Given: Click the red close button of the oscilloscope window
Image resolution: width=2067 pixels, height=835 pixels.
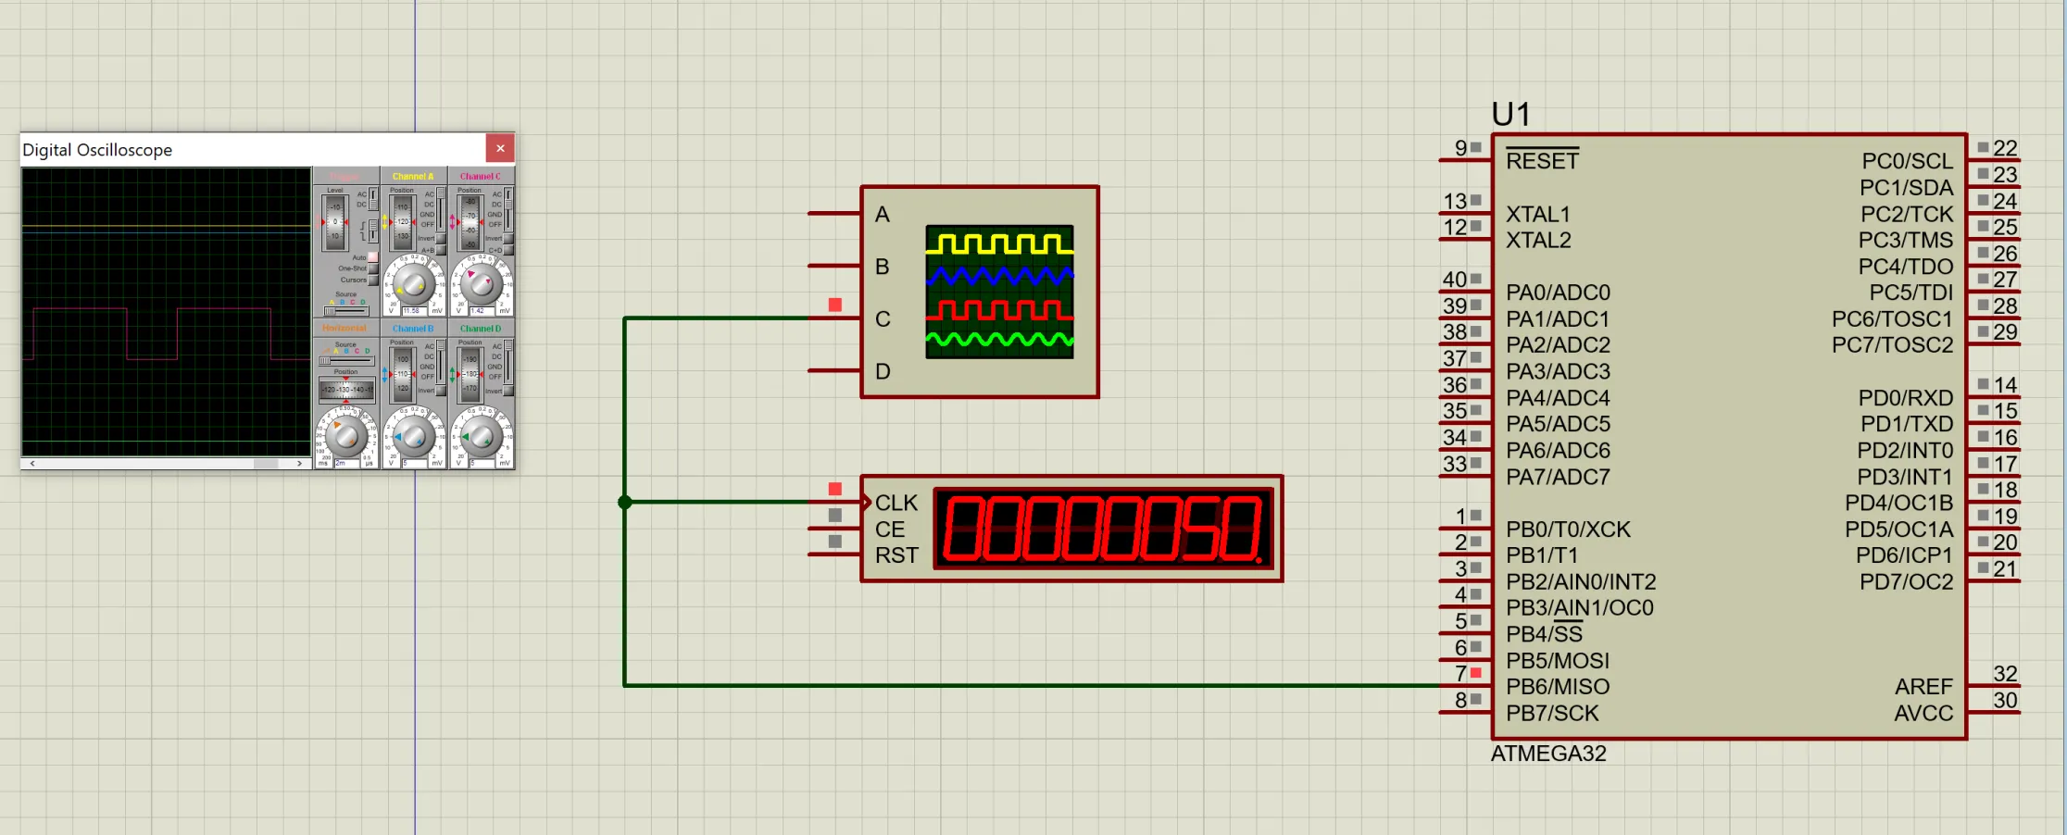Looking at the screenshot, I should point(500,148).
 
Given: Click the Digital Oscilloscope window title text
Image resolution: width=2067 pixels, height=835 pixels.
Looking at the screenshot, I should point(97,150).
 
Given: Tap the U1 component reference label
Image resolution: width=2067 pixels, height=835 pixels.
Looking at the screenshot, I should point(1510,115).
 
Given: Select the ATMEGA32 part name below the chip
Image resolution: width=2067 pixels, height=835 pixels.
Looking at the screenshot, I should point(1548,754).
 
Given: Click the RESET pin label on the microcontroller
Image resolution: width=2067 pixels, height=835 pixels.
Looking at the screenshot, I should point(1542,161).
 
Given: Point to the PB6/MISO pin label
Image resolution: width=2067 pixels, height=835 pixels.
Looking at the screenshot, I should point(1558,687).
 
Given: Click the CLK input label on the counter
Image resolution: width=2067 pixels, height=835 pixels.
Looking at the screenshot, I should point(896,503).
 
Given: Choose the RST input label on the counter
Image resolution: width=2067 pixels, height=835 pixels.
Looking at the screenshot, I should point(896,555).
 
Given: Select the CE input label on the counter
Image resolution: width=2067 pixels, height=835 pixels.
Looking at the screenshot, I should point(890,530).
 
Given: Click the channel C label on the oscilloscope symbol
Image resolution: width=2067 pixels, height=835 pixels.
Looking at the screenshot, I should point(883,319).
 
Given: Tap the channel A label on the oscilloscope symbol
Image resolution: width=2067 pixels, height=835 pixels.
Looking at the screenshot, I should point(883,215).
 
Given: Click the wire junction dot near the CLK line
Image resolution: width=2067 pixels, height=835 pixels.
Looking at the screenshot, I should point(625,502).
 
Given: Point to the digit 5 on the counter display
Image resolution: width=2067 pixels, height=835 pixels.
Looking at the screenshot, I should point(1201,529).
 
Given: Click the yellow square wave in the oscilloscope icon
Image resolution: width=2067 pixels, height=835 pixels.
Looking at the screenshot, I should point(999,244).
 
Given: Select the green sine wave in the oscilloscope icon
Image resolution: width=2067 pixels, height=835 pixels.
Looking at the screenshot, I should point(999,341).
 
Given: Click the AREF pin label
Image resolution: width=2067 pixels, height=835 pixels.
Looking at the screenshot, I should point(1923,687).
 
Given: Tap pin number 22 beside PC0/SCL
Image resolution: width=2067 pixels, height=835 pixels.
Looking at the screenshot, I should point(2005,148).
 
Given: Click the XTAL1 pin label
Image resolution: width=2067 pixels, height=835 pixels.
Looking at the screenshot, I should point(1538,215).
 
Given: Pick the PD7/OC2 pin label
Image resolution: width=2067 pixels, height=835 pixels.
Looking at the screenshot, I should point(1906,582).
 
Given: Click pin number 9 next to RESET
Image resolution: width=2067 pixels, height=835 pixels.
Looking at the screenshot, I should point(1460,148).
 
